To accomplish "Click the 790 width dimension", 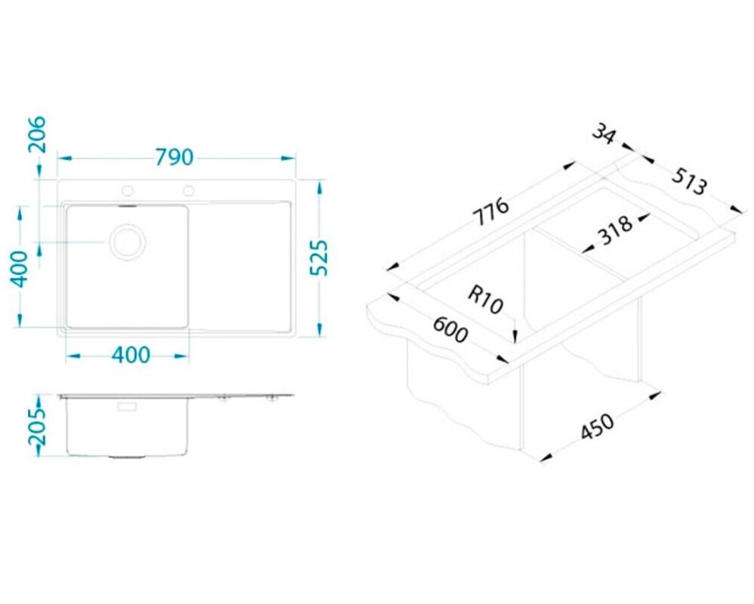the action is pos(174,157).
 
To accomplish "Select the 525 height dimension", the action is pos(319,257).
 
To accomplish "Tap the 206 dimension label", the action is pos(37,134).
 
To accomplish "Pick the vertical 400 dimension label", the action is pos(20,270).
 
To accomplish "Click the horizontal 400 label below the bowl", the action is pos(131,356).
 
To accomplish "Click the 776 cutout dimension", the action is pos(491,211).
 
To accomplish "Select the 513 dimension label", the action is pos(690,181).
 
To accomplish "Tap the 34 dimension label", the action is pos(604,133).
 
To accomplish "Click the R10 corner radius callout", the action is pos(485,299).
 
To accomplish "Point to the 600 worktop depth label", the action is pos(450,329).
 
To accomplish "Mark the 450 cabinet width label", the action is pos(597,427).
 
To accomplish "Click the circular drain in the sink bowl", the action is pos(128,242).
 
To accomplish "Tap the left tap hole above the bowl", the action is pos(128,191).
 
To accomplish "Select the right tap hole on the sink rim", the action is pos(189,191).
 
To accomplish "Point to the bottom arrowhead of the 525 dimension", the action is pos(319,329).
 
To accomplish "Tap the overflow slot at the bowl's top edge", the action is pos(128,206).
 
